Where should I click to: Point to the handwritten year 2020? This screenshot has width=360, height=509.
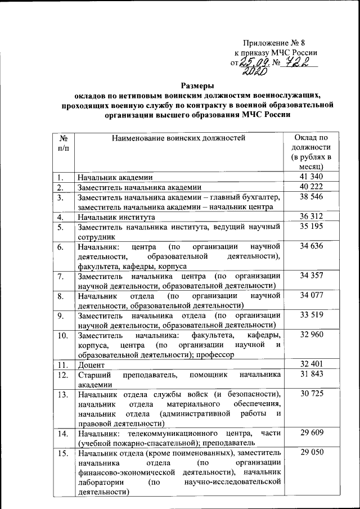click(x=254, y=73)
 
